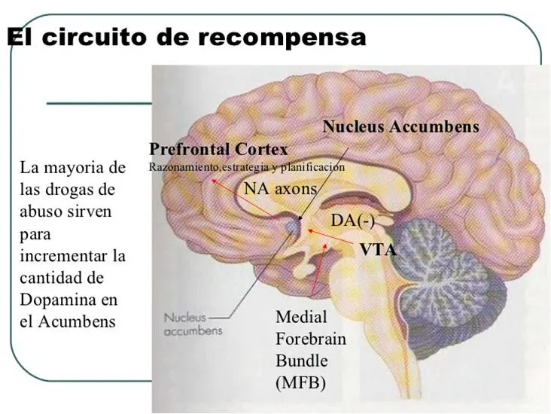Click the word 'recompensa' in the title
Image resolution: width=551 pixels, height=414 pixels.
point(282,38)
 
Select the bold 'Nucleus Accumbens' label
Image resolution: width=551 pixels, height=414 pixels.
point(401,126)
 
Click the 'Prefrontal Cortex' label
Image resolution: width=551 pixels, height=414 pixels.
point(218,149)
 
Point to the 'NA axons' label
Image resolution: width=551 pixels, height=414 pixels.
point(281,189)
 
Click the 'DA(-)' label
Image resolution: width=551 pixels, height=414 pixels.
point(352,221)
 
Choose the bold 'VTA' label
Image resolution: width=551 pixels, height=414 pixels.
point(378,250)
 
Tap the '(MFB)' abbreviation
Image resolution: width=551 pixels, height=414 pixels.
point(301,382)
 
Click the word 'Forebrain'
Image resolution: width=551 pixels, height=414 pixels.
point(311,339)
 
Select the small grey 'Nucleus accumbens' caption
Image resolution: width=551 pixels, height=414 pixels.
point(193,324)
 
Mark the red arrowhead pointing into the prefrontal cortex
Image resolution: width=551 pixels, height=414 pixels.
point(212,181)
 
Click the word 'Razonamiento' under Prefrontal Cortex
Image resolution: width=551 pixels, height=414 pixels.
point(183,166)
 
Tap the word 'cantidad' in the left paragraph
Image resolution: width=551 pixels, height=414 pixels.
point(62,278)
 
